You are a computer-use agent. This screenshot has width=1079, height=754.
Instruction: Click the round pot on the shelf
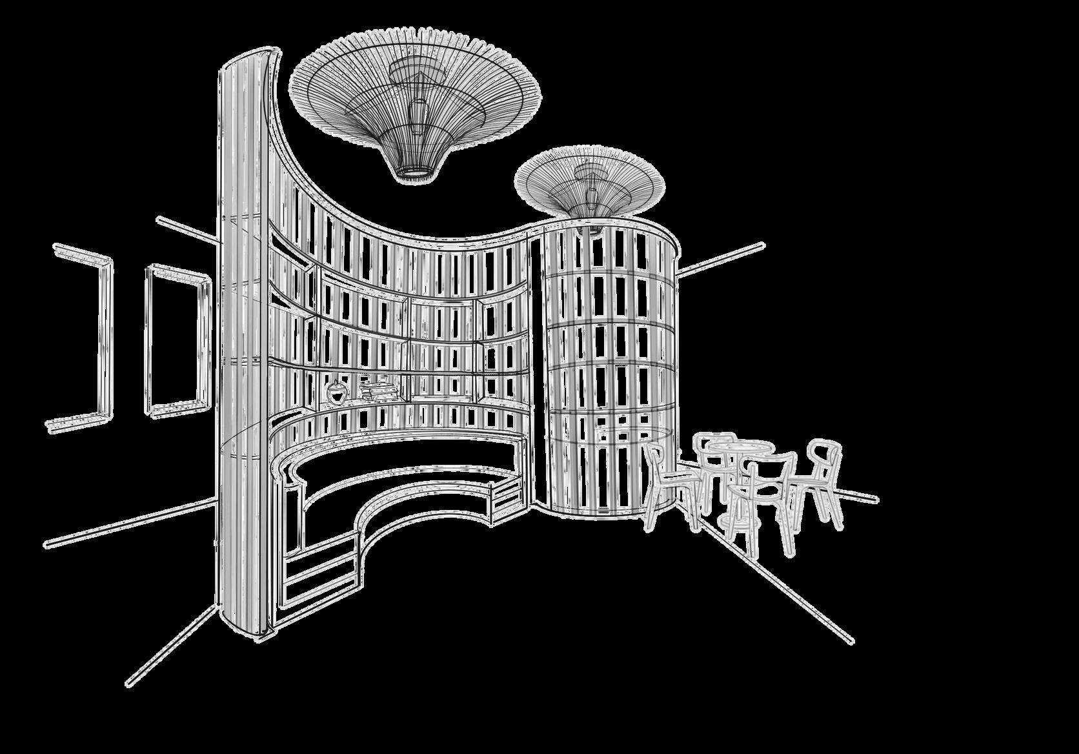pyautogui.click(x=336, y=392)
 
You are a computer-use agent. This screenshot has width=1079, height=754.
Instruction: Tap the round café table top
pyautogui.click(x=740, y=447)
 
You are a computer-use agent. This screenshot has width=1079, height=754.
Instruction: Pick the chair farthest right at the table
pyautogui.click(x=821, y=478)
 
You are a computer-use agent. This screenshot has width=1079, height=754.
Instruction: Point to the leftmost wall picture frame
pyautogui.click(x=81, y=336)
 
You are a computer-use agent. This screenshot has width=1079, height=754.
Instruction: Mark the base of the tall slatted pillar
pyautogui.click(x=248, y=629)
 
